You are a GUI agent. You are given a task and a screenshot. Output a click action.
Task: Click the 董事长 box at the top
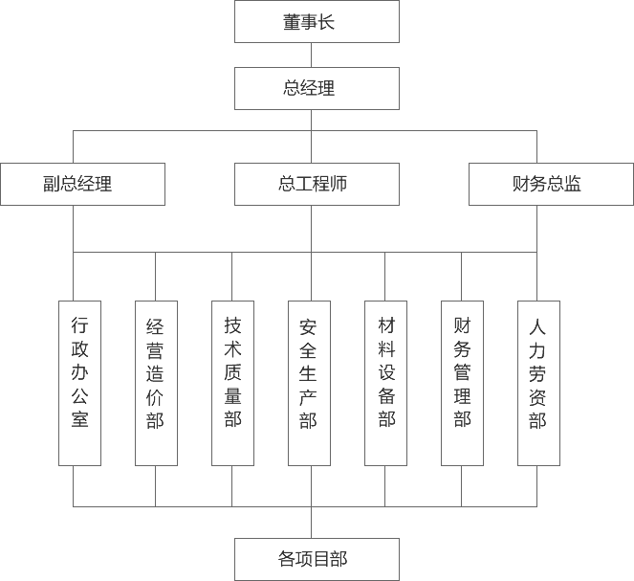click(317, 22)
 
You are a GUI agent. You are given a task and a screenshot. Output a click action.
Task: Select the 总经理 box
click(317, 89)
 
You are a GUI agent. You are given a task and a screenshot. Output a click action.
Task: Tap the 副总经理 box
click(82, 184)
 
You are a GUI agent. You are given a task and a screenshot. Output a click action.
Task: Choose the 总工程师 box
click(317, 184)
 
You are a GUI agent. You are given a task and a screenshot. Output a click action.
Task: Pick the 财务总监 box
click(551, 184)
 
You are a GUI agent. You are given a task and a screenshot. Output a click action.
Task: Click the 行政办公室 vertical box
click(79, 383)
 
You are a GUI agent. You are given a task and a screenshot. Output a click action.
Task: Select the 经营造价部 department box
click(156, 383)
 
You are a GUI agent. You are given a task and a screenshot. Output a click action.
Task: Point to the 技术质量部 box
click(232, 383)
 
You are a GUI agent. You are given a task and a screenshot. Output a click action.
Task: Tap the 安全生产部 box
click(309, 383)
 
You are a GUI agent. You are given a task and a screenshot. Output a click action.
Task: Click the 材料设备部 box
click(385, 383)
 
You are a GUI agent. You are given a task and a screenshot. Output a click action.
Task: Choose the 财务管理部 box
click(462, 383)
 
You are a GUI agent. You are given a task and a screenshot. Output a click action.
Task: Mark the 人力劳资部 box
click(538, 383)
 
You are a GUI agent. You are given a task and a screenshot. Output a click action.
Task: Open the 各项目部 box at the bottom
click(317, 559)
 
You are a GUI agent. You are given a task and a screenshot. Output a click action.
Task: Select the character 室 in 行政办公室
click(79, 419)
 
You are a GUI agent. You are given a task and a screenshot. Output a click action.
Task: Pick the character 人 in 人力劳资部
click(538, 325)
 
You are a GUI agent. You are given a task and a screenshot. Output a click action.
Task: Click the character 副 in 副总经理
click(53, 184)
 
